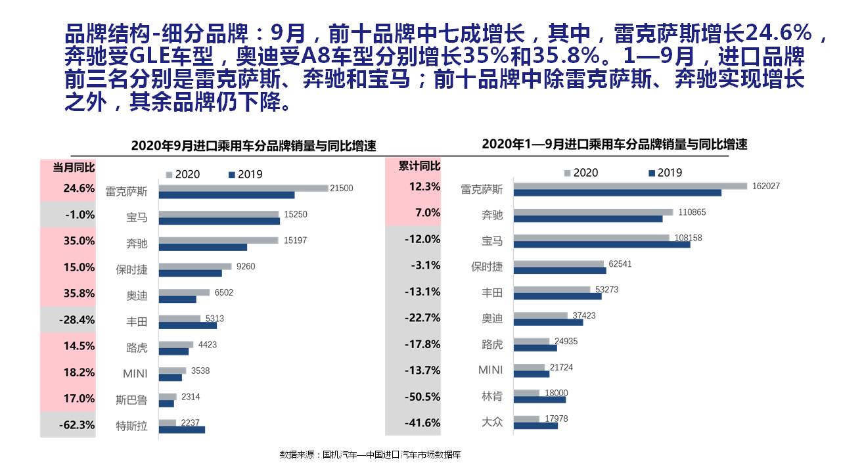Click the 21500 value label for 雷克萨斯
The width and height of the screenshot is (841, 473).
[341, 189]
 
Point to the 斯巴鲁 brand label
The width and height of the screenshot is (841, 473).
[131, 399]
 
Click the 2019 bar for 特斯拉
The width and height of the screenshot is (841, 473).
[182, 430]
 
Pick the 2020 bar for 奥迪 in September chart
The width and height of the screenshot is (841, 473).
[184, 292]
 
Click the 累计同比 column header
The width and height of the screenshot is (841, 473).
[420, 166]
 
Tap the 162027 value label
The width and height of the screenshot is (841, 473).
[766, 186]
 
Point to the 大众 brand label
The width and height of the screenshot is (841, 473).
[492, 422]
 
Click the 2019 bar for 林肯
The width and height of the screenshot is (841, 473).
[539, 399]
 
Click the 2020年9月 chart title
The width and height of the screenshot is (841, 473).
[254, 146]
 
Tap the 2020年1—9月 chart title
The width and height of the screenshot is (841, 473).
[614, 144]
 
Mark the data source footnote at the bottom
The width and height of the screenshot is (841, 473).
[370, 455]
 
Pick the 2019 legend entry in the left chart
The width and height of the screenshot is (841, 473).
[244, 174]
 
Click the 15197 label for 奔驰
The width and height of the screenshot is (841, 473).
[295, 240]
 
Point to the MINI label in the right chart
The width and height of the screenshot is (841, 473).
[490, 370]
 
